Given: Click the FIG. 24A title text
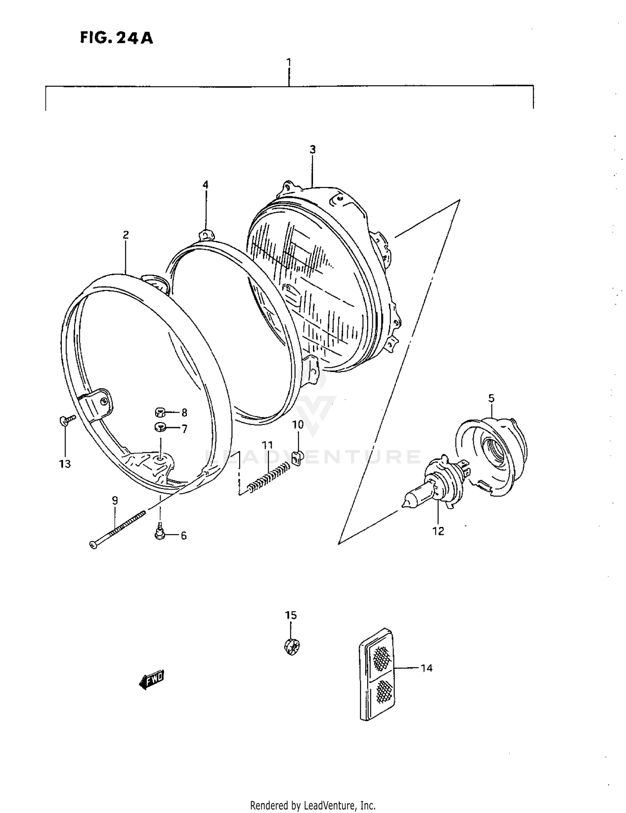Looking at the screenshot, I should tap(116, 38).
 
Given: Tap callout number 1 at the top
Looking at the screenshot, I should tap(289, 62).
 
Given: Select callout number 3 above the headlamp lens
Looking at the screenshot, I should tap(313, 149).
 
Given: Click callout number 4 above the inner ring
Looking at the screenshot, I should tap(205, 185).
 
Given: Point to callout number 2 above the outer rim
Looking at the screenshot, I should tap(126, 235).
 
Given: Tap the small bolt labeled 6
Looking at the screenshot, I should tap(159, 533).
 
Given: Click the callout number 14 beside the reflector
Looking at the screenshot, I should tap(426, 668).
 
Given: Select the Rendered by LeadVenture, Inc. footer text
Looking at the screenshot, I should tap(313, 805).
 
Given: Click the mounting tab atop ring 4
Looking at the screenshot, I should tap(206, 235).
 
